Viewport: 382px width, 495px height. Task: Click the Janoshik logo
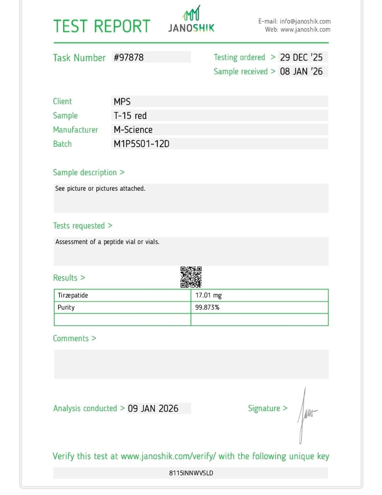[191, 20]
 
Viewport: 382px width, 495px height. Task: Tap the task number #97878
[129, 57]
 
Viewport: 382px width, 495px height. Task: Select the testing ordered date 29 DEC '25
[301, 57]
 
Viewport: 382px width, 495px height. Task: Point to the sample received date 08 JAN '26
[301, 72]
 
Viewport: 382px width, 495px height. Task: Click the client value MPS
[122, 102]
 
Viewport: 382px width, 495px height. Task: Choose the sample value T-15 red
[130, 116]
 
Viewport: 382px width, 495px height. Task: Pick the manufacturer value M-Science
[133, 130]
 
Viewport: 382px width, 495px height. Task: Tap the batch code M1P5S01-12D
[141, 144]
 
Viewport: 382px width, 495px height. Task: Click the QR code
[191, 277]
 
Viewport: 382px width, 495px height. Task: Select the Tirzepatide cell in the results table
[73, 296]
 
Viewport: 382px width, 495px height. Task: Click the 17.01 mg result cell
[208, 296]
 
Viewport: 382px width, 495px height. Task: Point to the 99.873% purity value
[207, 308]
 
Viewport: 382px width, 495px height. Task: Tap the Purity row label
[66, 308]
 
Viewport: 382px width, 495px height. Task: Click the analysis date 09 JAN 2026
[153, 409]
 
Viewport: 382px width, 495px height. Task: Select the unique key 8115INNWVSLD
[191, 473]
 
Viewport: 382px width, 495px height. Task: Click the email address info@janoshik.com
[305, 22]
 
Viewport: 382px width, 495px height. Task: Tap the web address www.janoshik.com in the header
[305, 30]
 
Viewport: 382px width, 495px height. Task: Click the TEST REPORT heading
[102, 27]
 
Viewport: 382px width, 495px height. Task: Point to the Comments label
[71, 339]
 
